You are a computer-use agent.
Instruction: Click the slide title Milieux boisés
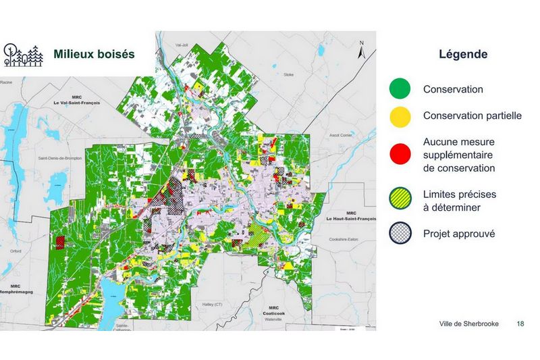pyautogui.click(x=94, y=54)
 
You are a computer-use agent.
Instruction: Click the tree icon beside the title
pyautogui.click(x=23, y=54)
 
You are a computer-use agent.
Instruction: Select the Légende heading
pyautogui.click(x=463, y=54)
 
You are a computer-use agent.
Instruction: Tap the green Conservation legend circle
pyautogui.click(x=400, y=89)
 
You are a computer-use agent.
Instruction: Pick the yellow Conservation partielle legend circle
pyautogui.click(x=400, y=116)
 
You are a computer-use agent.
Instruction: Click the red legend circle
pyautogui.click(x=400, y=155)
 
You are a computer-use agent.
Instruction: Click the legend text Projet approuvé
pyautogui.click(x=459, y=234)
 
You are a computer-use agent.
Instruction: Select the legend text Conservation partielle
pyautogui.click(x=472, y=115)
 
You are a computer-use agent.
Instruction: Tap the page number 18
pyautogui.click(x=520, y=324)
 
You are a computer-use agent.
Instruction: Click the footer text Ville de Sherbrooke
pyautogui.click(x=468, y=324)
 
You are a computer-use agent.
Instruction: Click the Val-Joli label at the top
pyautogui.click(x=181, y=45)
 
